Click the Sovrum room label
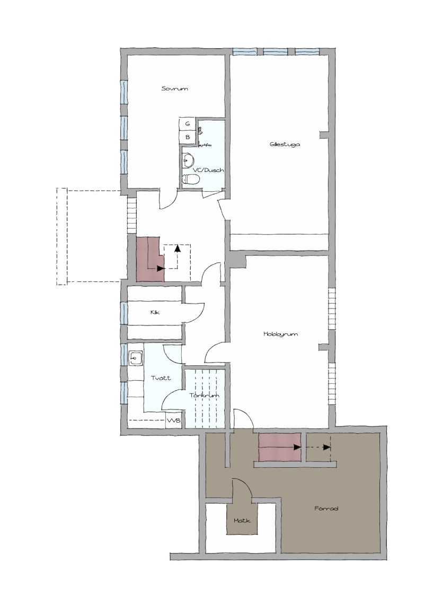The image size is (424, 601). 174,89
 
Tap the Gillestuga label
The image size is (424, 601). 285,144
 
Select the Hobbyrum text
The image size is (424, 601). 280,334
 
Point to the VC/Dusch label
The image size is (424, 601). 208,170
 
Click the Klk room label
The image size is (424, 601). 155,312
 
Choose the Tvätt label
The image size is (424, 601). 161,378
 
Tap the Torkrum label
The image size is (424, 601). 205,395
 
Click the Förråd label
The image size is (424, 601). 326,509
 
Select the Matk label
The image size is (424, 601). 242,520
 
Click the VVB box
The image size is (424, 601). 173,420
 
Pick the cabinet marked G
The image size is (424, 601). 188,124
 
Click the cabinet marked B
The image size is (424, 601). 188,137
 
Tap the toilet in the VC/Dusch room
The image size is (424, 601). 191,179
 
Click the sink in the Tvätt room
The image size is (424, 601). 135,358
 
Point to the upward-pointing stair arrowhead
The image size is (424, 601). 177,248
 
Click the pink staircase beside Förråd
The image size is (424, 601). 280,447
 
